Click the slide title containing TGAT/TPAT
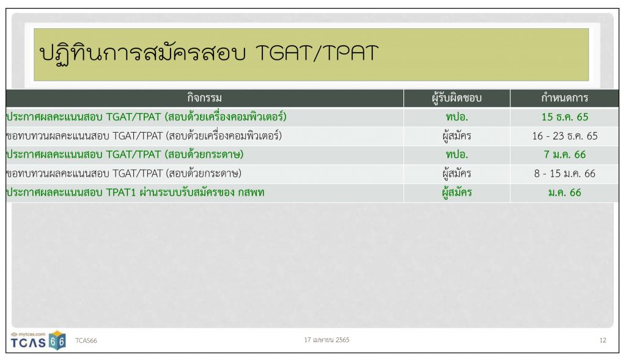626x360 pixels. [208, 53]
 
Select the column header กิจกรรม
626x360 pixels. [204, 98]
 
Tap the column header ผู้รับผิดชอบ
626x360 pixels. [457, 98]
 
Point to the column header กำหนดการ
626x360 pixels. [564, 98]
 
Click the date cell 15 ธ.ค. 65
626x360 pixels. [564, 117]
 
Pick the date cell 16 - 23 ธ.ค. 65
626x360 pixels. [564, 136]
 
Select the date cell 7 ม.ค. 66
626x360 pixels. [564, 155]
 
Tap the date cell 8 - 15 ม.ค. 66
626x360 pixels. [564, 174]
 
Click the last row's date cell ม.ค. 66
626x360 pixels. [564, 193]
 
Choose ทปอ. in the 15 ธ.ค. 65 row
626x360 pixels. [457, 117]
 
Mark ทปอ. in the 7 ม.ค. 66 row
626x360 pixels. [457, 155]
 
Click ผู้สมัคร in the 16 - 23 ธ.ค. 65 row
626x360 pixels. [457, 136]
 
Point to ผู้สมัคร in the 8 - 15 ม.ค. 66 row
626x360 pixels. [457, 174]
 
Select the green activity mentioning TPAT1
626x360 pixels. [135, 193]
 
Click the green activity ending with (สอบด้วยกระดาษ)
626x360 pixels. [125, 155]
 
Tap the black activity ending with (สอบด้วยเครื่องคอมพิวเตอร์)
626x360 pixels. [144, 136]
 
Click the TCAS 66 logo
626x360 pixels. [38, 340]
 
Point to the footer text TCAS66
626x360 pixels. [86, 340]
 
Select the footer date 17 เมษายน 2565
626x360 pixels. [326, 340]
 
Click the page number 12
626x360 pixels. [603, 340]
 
